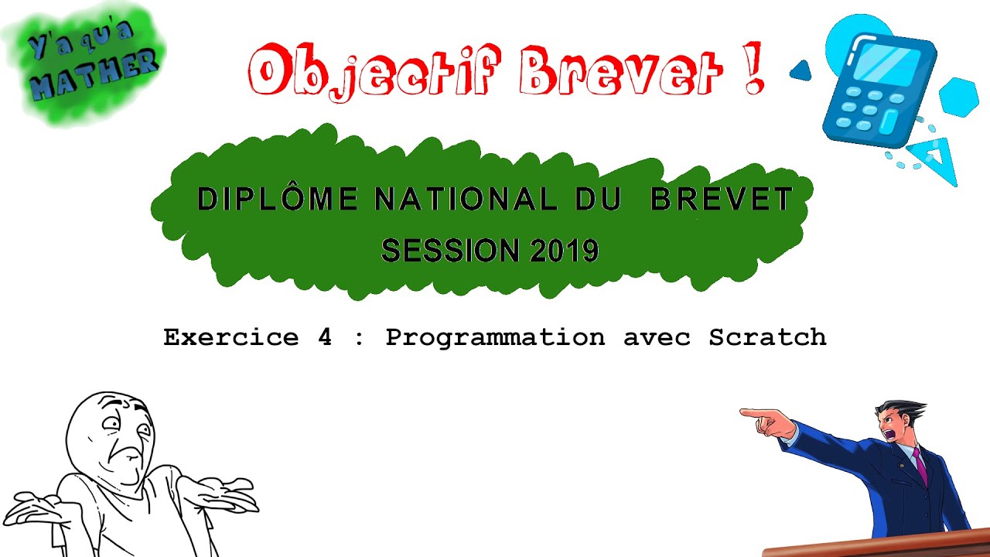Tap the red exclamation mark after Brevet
754,70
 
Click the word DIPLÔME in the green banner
278,200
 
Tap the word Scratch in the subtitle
767,337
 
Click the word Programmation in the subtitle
495,337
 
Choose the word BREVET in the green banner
721,200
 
